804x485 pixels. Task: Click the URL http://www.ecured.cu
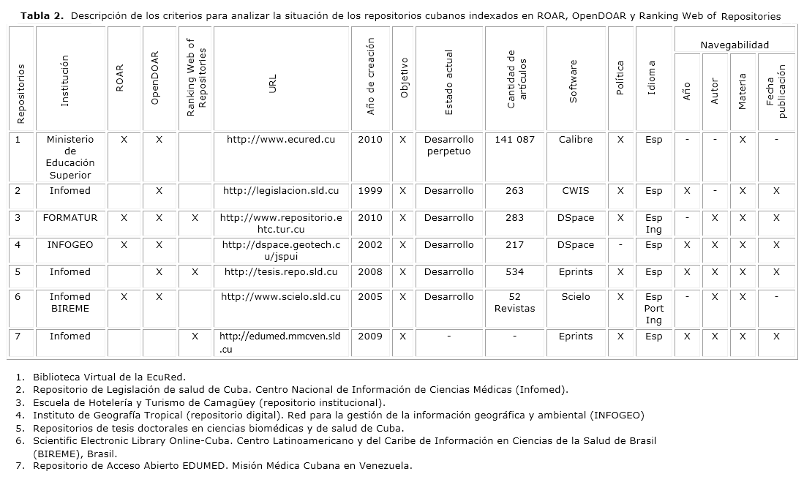[x=281, y=140]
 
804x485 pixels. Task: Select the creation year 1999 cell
[x=370, y=191]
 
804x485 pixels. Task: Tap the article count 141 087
[x=514, y=140]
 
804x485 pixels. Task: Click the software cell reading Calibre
[x=575, y=140]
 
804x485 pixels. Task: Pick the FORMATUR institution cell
[x=70, y=218]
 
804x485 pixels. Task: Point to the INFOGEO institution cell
[x=70, y=245]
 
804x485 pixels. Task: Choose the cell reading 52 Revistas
[x=514, y=303]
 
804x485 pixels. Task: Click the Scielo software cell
[x=575, y=297]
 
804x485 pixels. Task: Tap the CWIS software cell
[x=575, y=191]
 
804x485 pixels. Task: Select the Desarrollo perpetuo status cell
[x=448, y=146]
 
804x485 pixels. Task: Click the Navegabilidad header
[x=735, y=45]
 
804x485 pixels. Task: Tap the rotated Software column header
[x=574, y=81]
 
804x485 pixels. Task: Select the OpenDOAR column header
[x=155, y=78]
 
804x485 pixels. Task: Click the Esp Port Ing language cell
[x=653, y=309]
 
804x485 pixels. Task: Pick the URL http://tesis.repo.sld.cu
[x=281, y=272]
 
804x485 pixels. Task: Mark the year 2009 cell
[x=370, y=337]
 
